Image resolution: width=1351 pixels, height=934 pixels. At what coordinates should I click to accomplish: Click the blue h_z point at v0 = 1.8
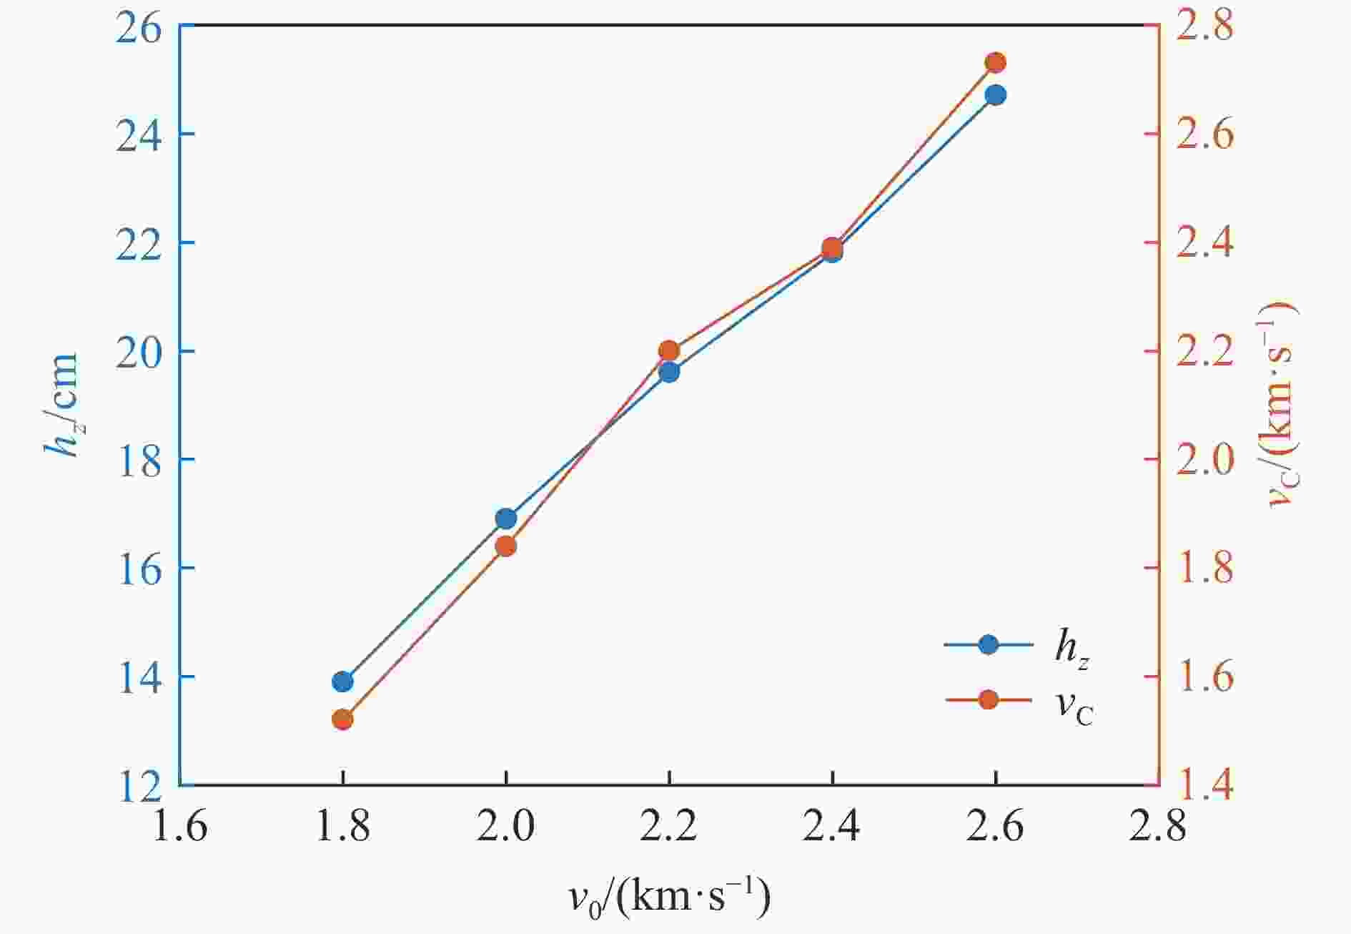[x=342, y=682]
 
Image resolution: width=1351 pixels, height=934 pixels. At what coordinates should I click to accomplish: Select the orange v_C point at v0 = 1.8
[x=342, y=719]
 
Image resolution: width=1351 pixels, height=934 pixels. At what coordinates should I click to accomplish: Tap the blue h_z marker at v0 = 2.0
[x=505, y=518]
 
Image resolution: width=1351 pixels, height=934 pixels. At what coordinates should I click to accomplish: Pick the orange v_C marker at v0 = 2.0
[x=505, y=546]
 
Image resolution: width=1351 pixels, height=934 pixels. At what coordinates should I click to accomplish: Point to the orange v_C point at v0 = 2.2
[x=669, y=350]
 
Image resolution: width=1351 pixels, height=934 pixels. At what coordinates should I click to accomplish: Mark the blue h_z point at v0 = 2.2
[x=669, y=372]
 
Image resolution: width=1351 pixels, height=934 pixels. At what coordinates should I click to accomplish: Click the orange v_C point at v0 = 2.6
[x=995, y=63]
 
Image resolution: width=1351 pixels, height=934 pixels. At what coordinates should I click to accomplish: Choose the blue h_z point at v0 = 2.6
[x=995, y=95]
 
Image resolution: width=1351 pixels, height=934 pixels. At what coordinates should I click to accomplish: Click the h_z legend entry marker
[x=989, y=644]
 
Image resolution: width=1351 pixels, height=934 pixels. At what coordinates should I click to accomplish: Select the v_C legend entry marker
[x=989, y=699]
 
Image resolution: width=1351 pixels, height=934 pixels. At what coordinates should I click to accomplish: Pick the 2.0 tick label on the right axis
[x=1205, y=460]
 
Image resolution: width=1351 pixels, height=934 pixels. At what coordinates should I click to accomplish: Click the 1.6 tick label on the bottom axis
[x=180, y=827]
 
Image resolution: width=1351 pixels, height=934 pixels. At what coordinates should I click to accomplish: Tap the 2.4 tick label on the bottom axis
[x=832, y=827]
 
